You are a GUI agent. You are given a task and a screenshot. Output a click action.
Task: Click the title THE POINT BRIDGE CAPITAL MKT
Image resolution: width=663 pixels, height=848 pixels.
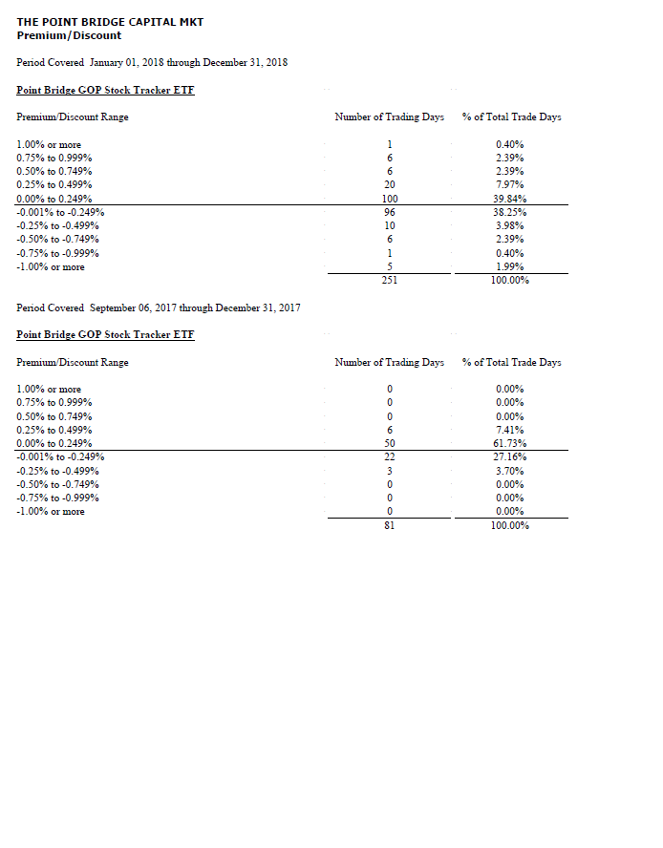click(110, 21)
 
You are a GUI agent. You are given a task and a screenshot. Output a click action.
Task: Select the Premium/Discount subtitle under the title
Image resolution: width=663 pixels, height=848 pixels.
click(69, 35)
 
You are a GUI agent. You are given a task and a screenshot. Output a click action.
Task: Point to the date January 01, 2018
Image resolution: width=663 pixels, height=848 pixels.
click(127, 62)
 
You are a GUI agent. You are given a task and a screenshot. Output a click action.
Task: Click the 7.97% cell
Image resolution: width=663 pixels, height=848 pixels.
click(509, 184)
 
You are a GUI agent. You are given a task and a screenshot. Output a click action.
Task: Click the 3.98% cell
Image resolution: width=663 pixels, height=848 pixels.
click(509, 225)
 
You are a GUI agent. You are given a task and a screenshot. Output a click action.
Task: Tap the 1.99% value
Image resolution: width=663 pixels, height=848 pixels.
click(509, 266)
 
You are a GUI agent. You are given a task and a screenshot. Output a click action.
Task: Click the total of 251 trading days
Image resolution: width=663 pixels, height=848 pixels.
click(390, 281)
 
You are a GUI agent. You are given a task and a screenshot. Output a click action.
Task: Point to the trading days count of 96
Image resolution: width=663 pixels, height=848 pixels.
click(390, 212)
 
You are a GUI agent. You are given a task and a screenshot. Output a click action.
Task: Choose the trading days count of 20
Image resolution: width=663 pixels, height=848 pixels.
click(390, 184)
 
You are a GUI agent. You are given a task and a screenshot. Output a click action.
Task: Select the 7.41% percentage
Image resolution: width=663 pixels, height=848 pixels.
click(509, 430)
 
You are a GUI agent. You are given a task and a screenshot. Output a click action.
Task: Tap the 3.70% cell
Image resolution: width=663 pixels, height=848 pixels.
click(509, 471)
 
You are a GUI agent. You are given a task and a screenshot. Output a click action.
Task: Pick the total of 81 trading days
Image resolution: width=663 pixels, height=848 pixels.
click(390, 526)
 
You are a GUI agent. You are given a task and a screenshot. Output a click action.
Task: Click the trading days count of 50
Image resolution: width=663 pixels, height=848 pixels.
click(390, 444)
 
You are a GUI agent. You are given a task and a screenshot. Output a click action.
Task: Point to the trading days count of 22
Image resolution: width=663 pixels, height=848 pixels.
click(390, 457)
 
